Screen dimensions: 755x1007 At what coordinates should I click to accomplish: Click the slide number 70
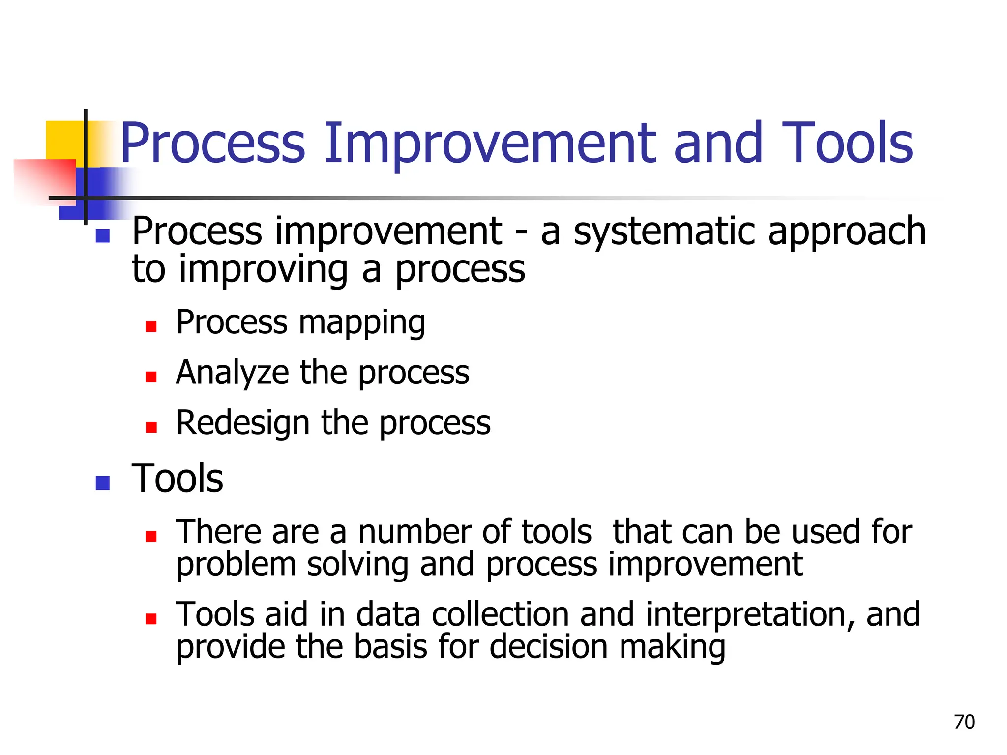coord(964,722)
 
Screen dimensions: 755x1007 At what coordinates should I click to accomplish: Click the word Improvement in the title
coord(490,143)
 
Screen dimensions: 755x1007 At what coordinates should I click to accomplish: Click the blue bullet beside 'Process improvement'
coord(102,236)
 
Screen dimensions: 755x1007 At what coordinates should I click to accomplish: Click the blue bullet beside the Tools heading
coord(102,483)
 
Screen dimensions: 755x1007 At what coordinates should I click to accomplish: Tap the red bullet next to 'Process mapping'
coord(151,326)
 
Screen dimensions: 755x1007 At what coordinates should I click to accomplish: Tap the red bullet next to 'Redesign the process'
coord(151,427)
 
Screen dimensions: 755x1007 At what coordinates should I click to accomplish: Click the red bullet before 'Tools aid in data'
coord(151,618)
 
